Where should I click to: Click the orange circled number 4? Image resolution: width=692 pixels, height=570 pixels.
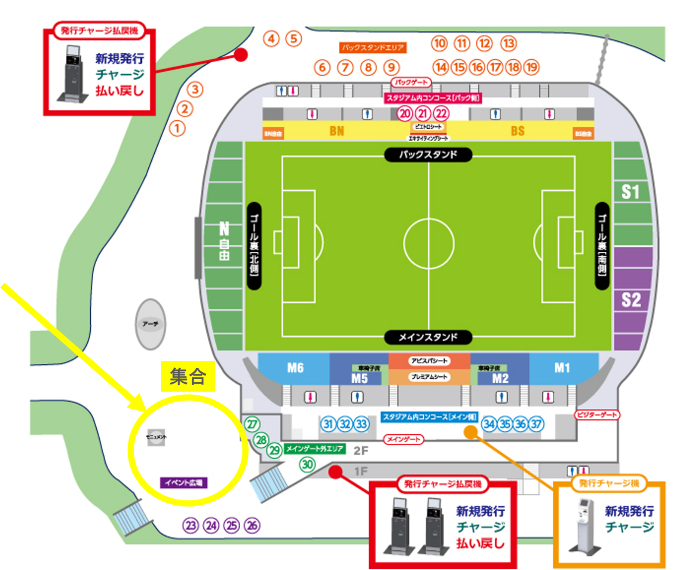[x=271, y=39]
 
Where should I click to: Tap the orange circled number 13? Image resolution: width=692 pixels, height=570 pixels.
[x=508, y=43]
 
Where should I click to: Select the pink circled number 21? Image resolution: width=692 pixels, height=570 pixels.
[x=423, y=113]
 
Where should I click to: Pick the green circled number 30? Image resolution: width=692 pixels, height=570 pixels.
[x=307, y=464]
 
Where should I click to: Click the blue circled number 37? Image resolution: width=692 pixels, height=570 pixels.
[x=536, y=424]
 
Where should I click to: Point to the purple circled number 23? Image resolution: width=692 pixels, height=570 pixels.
[x=191, y=525]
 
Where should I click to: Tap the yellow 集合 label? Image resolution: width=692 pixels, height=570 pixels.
[x=188, y=377]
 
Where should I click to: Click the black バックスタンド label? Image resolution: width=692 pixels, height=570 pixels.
[x=428, y=155]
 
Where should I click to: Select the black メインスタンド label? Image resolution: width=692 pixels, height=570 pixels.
[x=428, y=337]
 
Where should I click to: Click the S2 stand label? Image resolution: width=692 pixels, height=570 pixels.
[x=631, y=300]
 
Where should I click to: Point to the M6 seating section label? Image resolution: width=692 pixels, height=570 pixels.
[x=295, y=368]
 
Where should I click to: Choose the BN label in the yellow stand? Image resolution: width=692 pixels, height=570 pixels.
[x=337, y=131]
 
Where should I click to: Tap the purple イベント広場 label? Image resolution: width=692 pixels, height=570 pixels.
[x=184, y=483]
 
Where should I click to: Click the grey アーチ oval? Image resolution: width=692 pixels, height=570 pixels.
[x=150, y=324]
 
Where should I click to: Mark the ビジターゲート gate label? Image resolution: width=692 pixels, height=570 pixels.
[x=597, y=415]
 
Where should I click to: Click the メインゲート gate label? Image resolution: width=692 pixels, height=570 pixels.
[x=403, y=439]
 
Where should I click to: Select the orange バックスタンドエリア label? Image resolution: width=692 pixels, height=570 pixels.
[x=373, y=48]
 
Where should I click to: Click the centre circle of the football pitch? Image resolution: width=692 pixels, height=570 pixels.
[x=429, y=244]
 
